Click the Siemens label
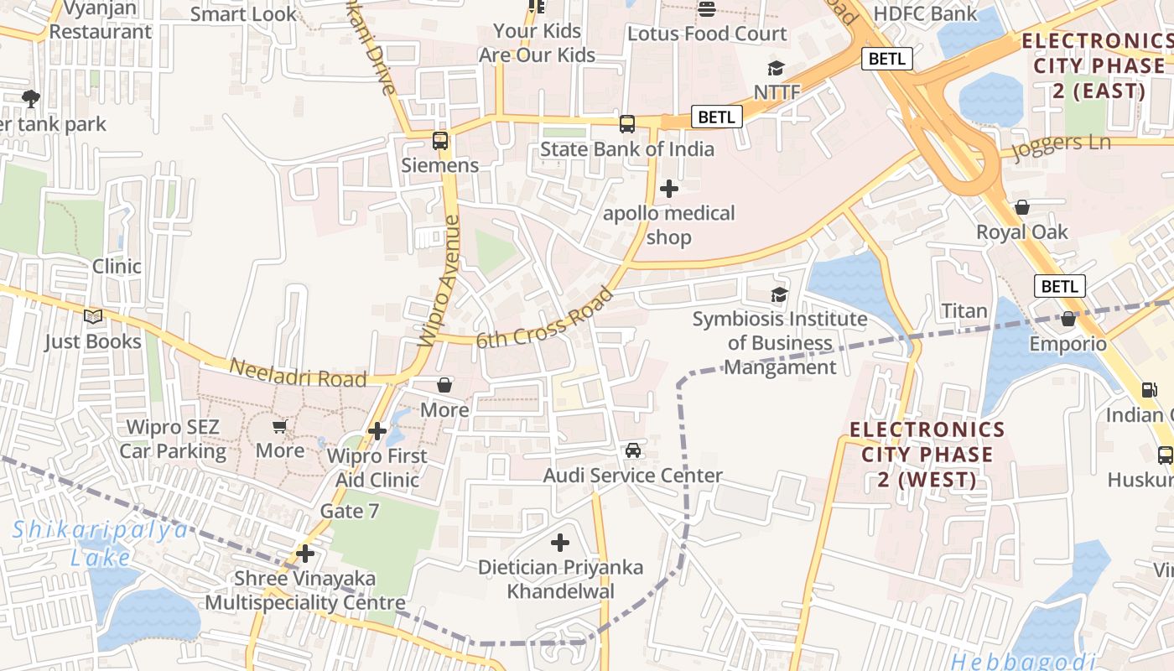tap(439, 165)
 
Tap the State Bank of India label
tap(626, 149)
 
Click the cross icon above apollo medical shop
tap(668, 189)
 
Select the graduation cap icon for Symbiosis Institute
tap(779, 294)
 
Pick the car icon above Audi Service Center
tap(633, 450)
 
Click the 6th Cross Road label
tap(545, 318)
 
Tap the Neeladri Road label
tap(298, 373)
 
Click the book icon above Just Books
tap(92, 317)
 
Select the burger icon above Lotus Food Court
tap(707, 10)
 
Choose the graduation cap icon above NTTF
tap(777, 68)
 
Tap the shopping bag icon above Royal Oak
tap(1021, 207)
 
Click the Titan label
tap(964, 311)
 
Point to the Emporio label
tap(1068, 344)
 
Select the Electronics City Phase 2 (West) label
tap(927, 455)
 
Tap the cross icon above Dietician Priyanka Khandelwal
tap(560, 543)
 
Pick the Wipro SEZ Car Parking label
tap(173, 440)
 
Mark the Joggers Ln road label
tap(1061, 146)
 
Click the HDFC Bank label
tap(925, 13)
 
